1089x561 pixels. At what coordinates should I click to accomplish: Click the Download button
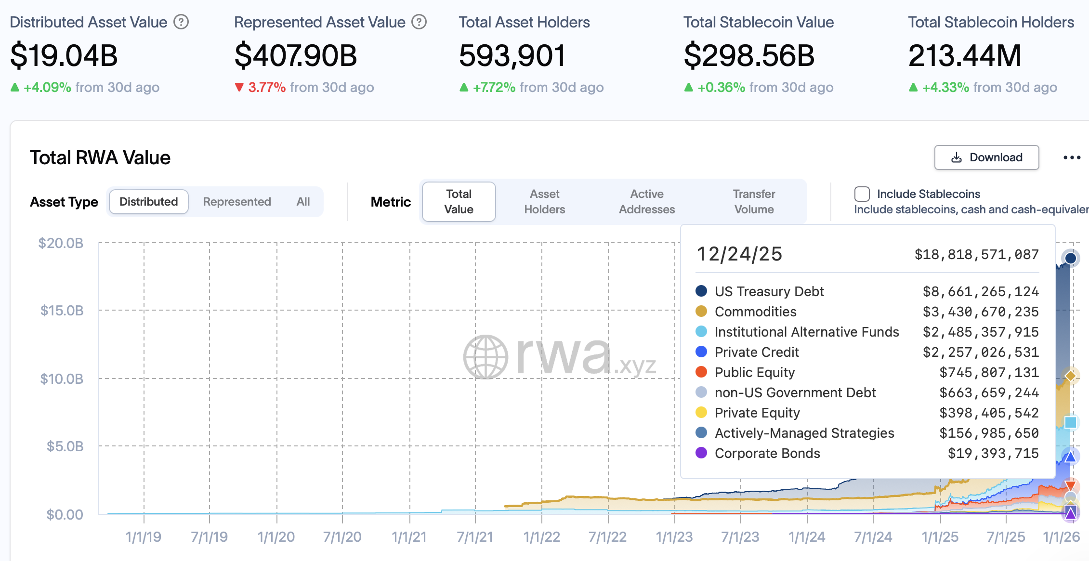point(986,157)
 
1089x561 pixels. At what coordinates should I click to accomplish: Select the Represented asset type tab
point(236,202)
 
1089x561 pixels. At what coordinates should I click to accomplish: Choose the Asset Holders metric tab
point(544,202)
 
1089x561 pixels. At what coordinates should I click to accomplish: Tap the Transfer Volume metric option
point(754,202)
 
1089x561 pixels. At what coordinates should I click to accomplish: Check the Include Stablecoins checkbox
point(862,194)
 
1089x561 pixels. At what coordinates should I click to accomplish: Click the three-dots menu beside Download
point(1072,157)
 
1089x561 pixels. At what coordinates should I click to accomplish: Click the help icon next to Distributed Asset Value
point(181,22)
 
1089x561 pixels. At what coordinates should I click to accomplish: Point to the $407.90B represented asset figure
point(296,55)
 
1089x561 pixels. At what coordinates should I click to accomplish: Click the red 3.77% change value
point(267,88)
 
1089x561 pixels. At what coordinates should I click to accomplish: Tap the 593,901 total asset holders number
point(512,55)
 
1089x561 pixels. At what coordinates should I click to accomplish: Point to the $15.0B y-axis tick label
point(62,311)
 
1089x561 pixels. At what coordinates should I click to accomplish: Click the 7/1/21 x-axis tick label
point(475,537)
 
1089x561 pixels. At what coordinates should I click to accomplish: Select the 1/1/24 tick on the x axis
point(807,537)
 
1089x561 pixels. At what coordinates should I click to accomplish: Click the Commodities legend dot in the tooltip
point(701,312)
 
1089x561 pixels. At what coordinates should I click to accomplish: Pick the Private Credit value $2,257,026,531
point(980,352)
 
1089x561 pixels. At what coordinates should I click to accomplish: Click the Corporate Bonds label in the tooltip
point(767,453)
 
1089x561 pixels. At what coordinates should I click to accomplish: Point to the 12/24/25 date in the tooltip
point(739,254)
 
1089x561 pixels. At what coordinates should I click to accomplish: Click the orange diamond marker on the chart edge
point(1071,376)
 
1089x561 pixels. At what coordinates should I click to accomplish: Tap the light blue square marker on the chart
point(1071,422)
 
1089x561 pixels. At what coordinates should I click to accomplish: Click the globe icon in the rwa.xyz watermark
point(485,357)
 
